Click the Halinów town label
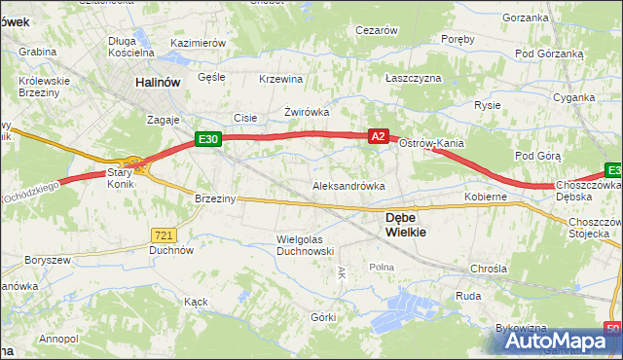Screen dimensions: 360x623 [x=159, y=84]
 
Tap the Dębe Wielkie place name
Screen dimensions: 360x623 [x=405, y=225]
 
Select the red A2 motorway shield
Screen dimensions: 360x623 [x=380, y=138]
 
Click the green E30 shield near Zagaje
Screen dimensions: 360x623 [x=207, y=140]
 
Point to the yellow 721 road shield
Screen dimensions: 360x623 [x=164, y=234]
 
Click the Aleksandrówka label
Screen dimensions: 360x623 [x=348, y=185]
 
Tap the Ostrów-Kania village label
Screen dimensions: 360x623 [x=431, y=143]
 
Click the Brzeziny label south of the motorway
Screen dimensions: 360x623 [x=215, y=198]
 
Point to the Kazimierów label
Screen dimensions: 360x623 [x=198, y=44]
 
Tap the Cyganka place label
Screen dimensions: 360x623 [x=573, y=97]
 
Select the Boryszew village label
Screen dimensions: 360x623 [x=49, y=261]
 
